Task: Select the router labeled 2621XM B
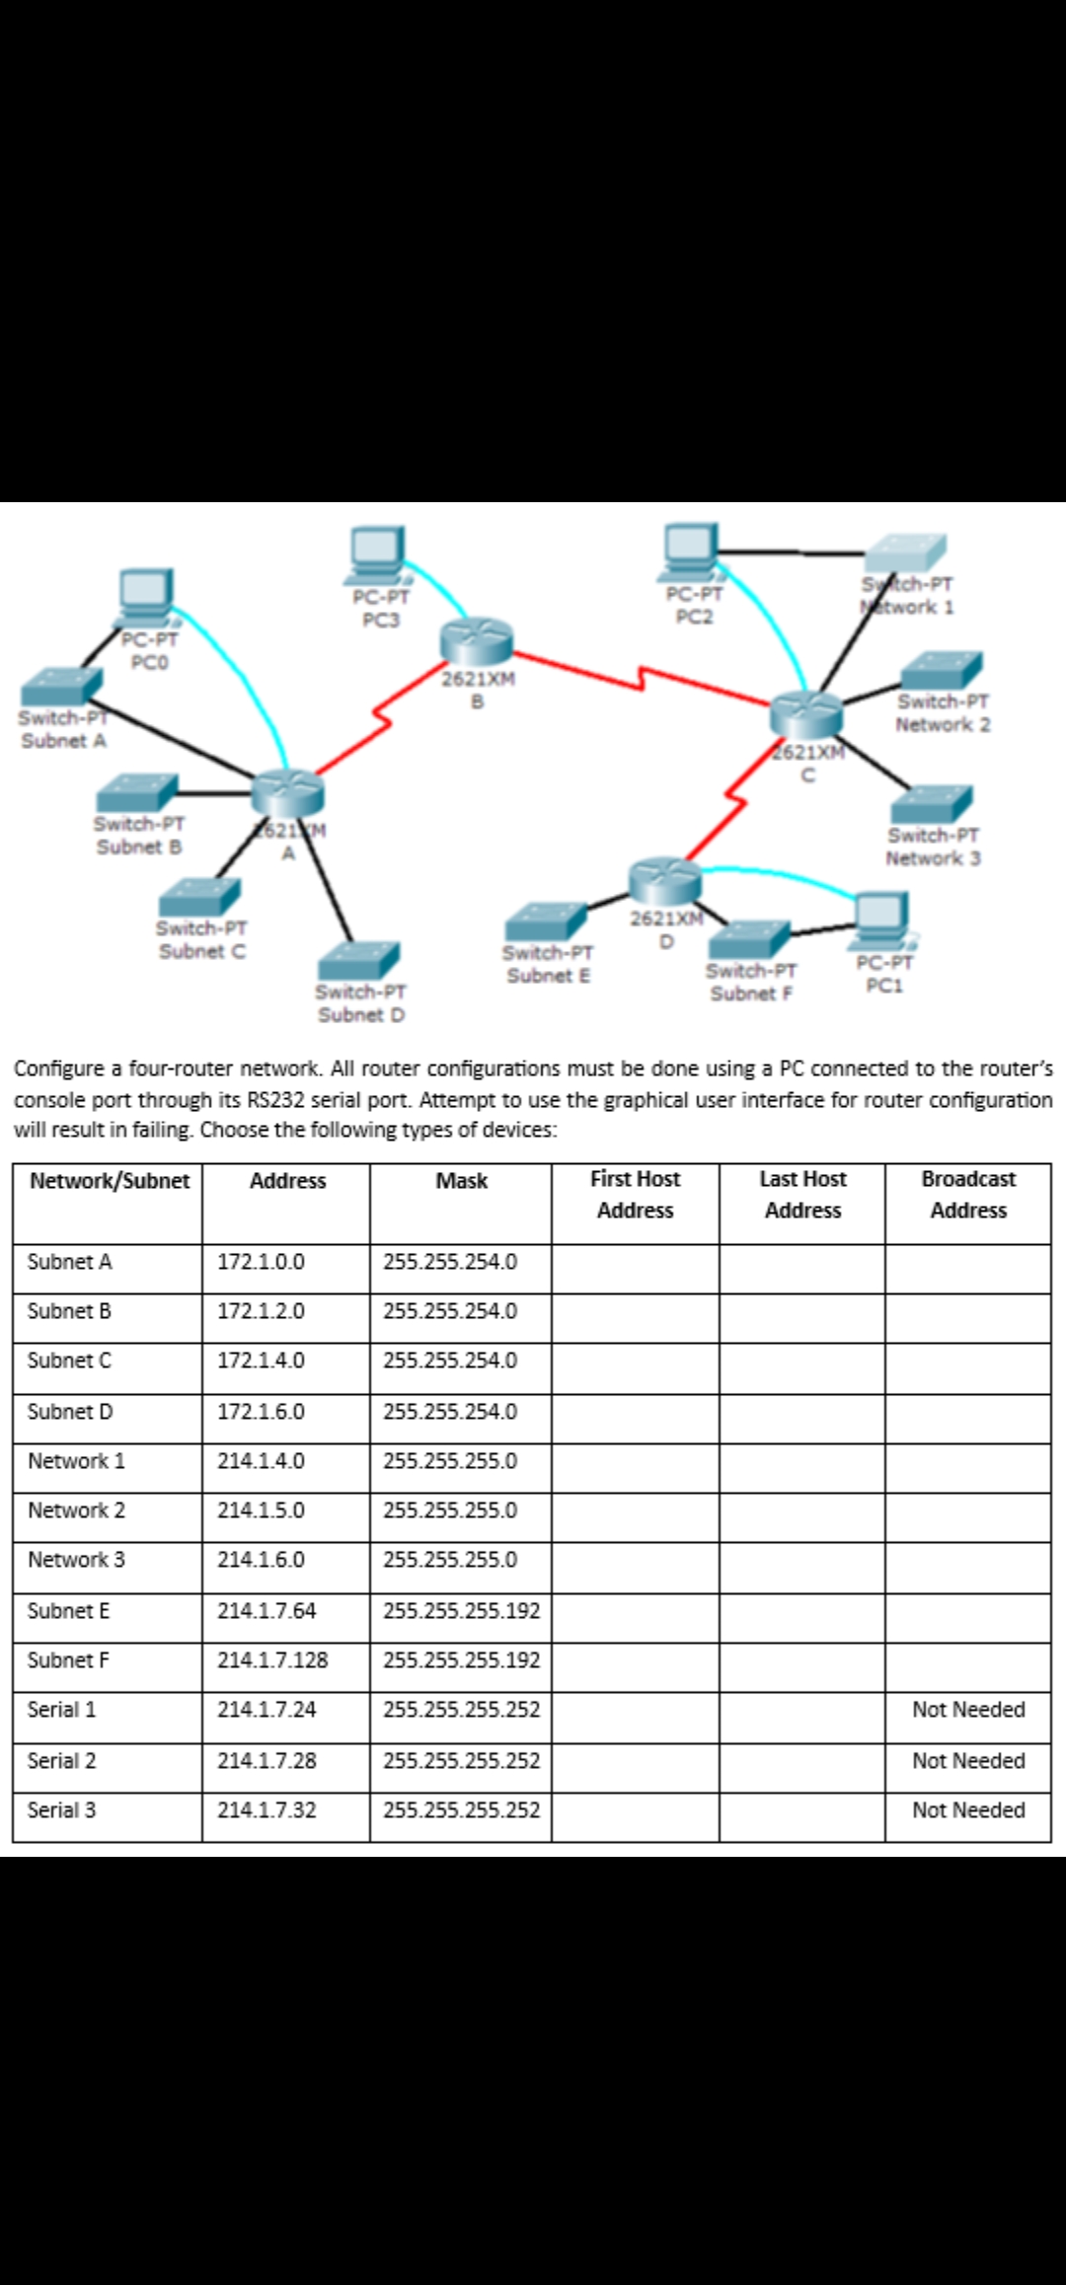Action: point(478,640)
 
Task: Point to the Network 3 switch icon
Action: point(932,805)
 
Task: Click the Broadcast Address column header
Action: point(967,1194)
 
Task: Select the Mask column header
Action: point(461,1181)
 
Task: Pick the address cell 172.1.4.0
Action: point(261,1361)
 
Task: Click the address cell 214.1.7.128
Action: point(272,1660)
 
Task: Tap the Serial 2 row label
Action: point(61,1761)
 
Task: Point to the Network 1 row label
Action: point(76,1461)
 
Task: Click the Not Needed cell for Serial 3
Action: point(967,1810)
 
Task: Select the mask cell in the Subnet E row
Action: point(461,1611)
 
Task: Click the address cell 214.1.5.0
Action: point(261,1511)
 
